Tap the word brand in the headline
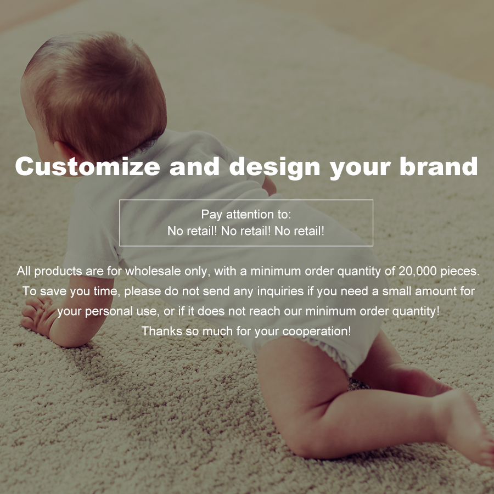coord(439,166)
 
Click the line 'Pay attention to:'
coord(246,214)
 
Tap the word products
coord(54,271)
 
